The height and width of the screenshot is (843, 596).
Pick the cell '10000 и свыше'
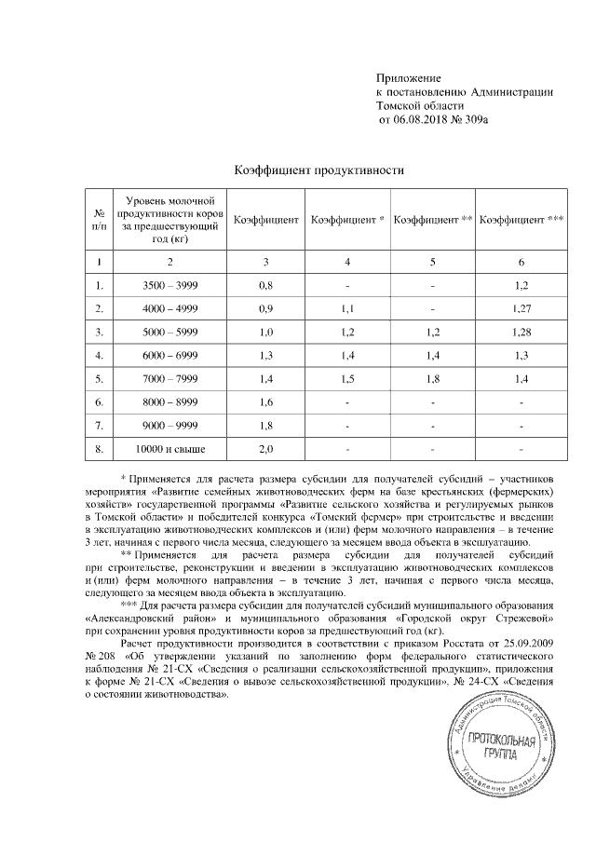pyautogui.click(x=170, y=450)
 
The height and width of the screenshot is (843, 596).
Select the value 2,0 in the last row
pyautogui.click(x=264, y=450)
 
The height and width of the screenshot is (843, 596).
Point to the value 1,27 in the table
pyautogui.click(x=521, y=306)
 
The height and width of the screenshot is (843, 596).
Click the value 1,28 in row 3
pyautogui.click(x=521, y=331)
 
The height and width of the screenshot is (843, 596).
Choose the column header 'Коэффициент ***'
pyautogui.click(x=521, y=220)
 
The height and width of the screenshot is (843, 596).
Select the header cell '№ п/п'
pyautogui.click(x=100, y=220)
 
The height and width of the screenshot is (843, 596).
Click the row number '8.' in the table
pyautogui.click(x=100, y=450)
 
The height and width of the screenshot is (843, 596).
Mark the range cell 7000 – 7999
pyautogui.click(x=170, y=378)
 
